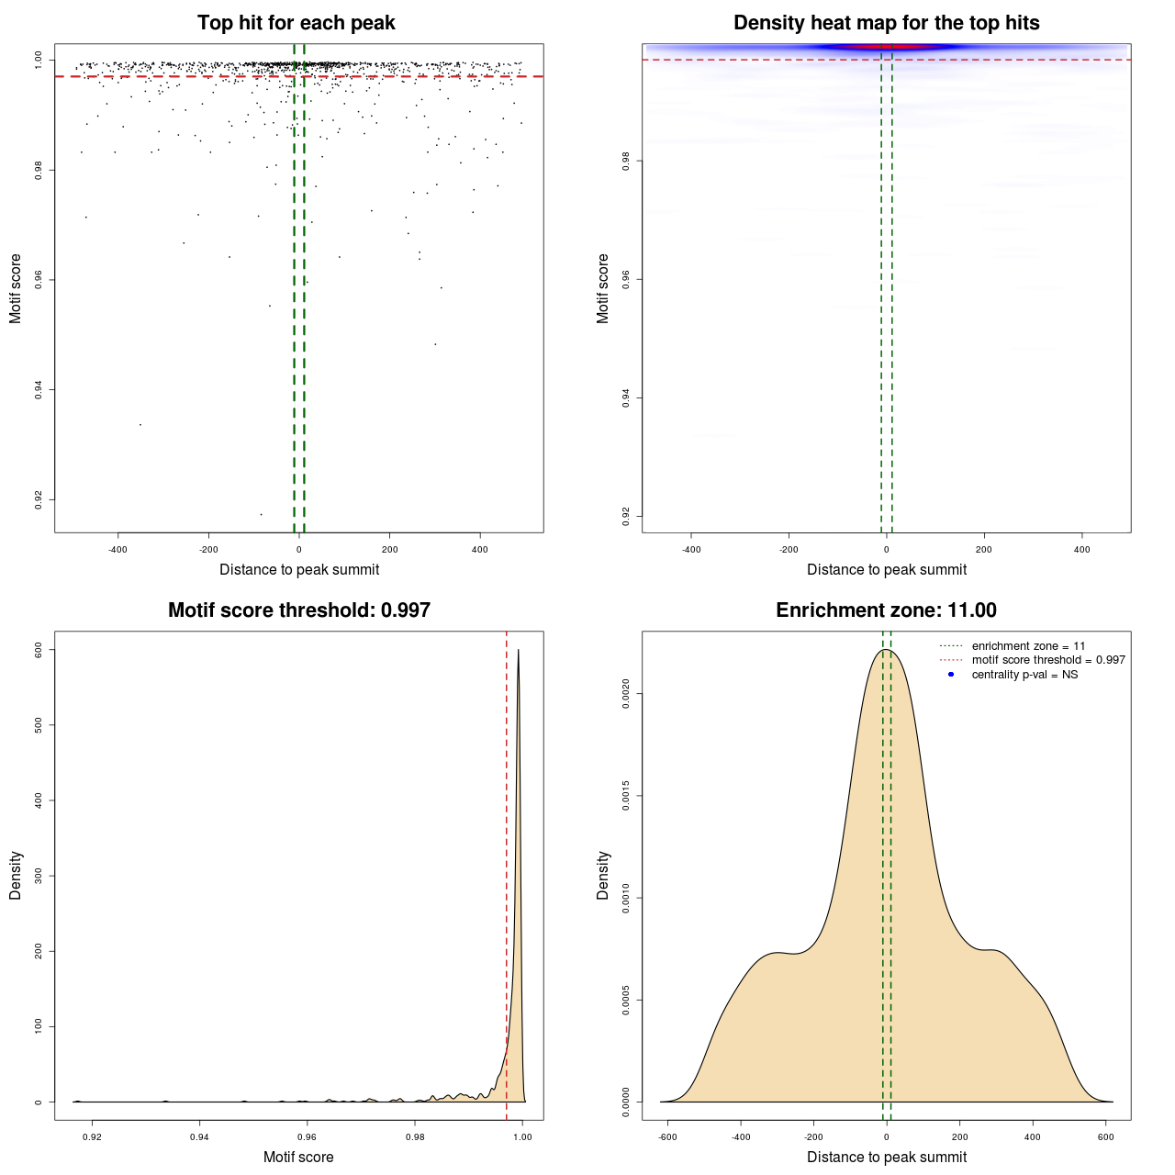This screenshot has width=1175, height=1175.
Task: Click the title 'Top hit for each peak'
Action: click(x=296, y=23)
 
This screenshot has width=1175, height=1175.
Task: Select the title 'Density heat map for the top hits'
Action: click(x=886, y=23)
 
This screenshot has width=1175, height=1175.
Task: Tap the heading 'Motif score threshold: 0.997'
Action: click(x=298, y=610)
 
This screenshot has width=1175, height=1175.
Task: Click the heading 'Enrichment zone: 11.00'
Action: click(x=886, y=610)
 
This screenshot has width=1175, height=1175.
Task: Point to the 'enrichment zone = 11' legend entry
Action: click(x=1028, y=646)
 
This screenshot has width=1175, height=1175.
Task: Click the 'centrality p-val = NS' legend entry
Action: click(x=1024, y=675)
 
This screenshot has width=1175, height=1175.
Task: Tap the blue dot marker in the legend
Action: click(x=951, y=675)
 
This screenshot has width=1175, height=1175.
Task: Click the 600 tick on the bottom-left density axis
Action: click(x=39, y=649)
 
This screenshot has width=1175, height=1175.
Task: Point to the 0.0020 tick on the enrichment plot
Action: click(x=625, y=694)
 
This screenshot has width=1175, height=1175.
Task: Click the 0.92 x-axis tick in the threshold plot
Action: click(x=92, y=1136)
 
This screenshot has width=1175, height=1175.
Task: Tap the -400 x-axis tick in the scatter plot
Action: click(x=117, y=549)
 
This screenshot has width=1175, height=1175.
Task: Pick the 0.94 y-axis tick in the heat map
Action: click(x=625, y=397)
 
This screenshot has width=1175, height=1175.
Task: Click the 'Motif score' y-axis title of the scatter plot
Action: click(x=16, y=288)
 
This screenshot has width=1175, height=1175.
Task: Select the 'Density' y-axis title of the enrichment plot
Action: click(x=603, y=875)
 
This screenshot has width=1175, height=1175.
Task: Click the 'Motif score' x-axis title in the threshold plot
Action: click(x=298, y=1157)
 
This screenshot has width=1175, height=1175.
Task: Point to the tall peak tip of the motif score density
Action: click(x=519, y=650)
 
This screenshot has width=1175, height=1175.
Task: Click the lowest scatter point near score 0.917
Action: click(x=261, y=514)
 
